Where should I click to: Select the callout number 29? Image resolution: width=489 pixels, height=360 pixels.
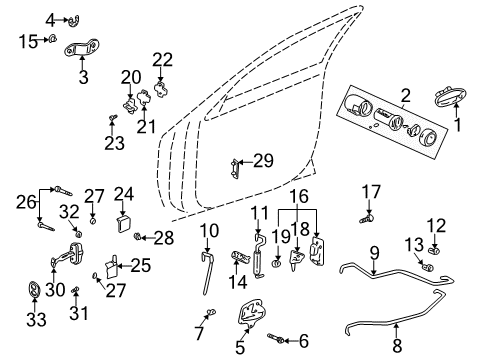264,160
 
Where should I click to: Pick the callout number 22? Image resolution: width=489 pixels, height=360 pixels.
162,57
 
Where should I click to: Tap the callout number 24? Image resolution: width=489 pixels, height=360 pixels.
123,194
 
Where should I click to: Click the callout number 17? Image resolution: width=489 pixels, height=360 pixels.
371,190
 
